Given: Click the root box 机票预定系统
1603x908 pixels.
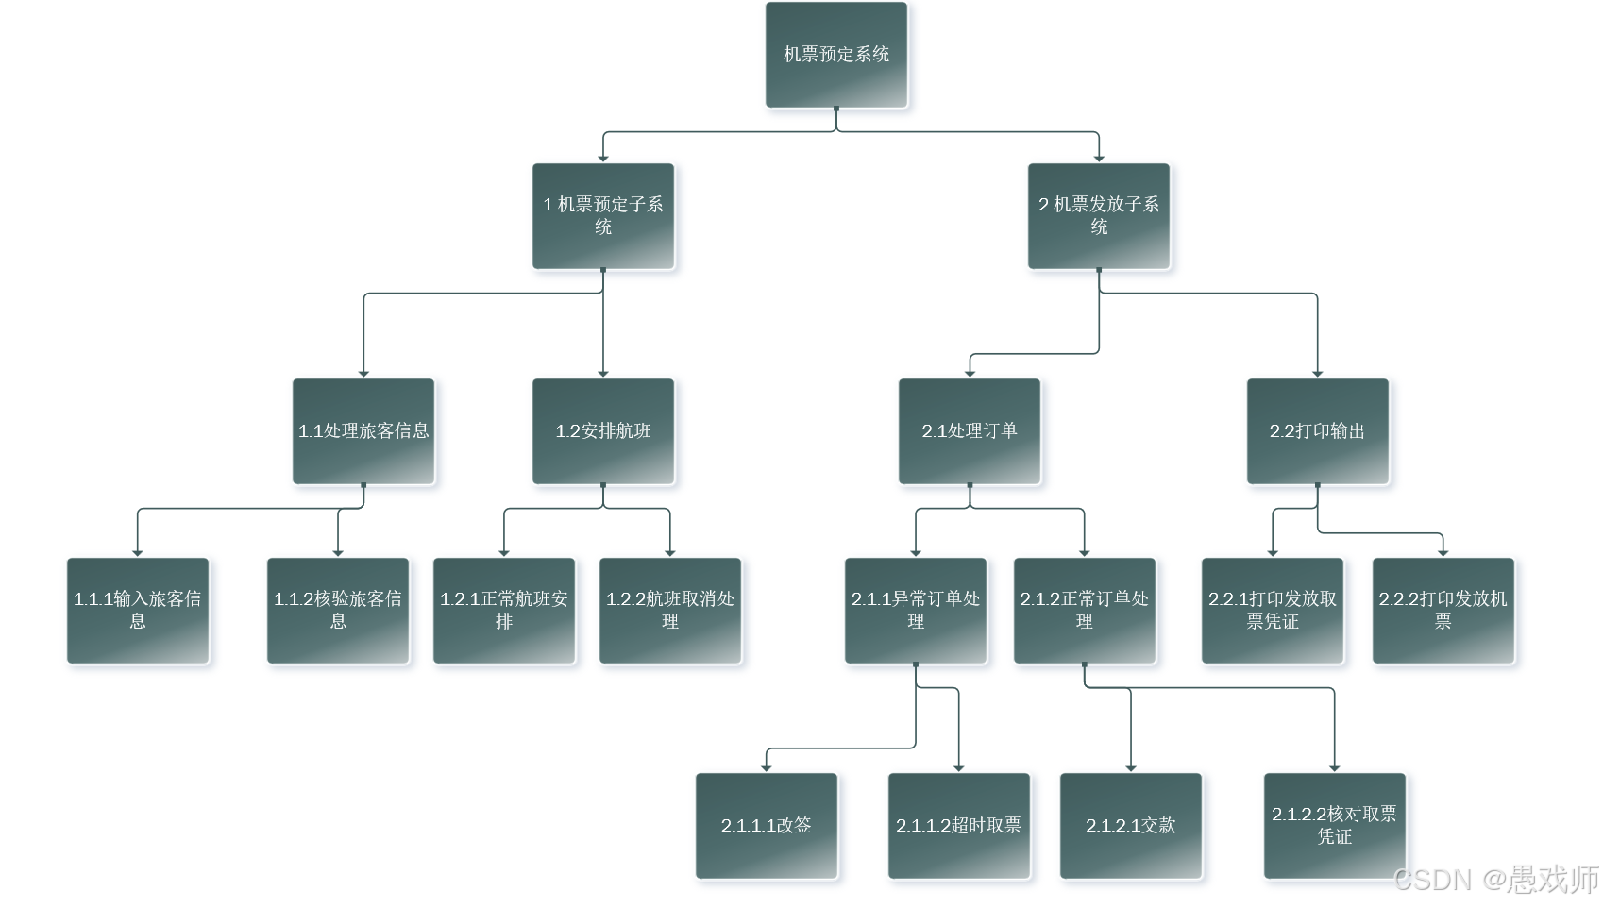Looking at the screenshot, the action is [x=836, y=55].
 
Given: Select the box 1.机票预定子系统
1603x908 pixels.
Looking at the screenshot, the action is [x=603, y=216].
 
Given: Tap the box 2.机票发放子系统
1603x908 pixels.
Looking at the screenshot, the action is [x=1099, y=216].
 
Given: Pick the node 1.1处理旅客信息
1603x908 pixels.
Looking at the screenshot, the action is [x=363, y=431].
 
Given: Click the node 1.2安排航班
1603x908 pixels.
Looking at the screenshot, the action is [x=603, y=431].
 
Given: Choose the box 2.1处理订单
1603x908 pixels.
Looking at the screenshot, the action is [x=970, y=431].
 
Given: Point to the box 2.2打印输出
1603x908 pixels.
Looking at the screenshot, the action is [x=1318, y=431].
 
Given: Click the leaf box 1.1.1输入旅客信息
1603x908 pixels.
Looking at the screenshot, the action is [x=138, y=611].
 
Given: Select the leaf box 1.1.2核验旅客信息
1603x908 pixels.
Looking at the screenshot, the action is [x=338, y=611].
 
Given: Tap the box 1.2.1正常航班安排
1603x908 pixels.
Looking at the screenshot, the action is [x=504, y=611].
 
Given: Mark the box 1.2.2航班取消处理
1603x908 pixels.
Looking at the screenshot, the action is [x=670, y=611].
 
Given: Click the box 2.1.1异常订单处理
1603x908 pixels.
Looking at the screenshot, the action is [x=916, y=611].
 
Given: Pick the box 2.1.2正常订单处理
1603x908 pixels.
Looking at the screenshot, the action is [x=1085, y=611].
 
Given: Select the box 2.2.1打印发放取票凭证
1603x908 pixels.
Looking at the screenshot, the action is [x=1273, y=611].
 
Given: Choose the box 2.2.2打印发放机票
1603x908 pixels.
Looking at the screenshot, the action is [x=1443, y=611].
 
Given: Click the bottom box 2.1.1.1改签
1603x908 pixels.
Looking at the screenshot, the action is [x=767, y=826].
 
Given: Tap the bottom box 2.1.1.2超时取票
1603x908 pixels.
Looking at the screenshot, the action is [x=959, y=826].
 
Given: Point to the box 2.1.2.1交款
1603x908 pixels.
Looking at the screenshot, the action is [x=1131, y=826].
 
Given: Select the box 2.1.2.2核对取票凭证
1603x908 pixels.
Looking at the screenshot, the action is [x=1335, y=826].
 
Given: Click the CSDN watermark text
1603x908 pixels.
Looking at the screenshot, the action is [x=1496, y=880].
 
